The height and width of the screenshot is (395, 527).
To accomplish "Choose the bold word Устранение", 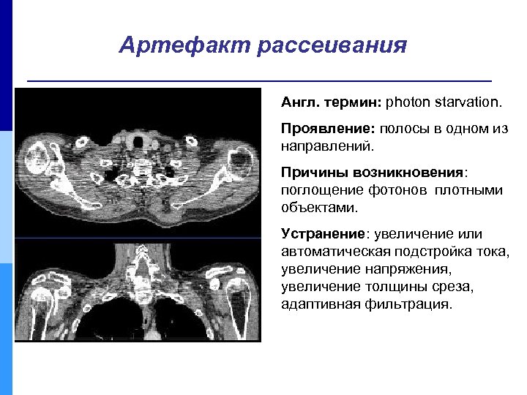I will click(x=323, y=234).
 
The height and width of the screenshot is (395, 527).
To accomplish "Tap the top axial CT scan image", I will click(x=138, y=163).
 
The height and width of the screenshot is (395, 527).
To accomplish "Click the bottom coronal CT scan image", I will click(x=138, y=290).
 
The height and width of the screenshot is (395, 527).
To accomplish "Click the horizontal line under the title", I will click(x=258, y=79).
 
